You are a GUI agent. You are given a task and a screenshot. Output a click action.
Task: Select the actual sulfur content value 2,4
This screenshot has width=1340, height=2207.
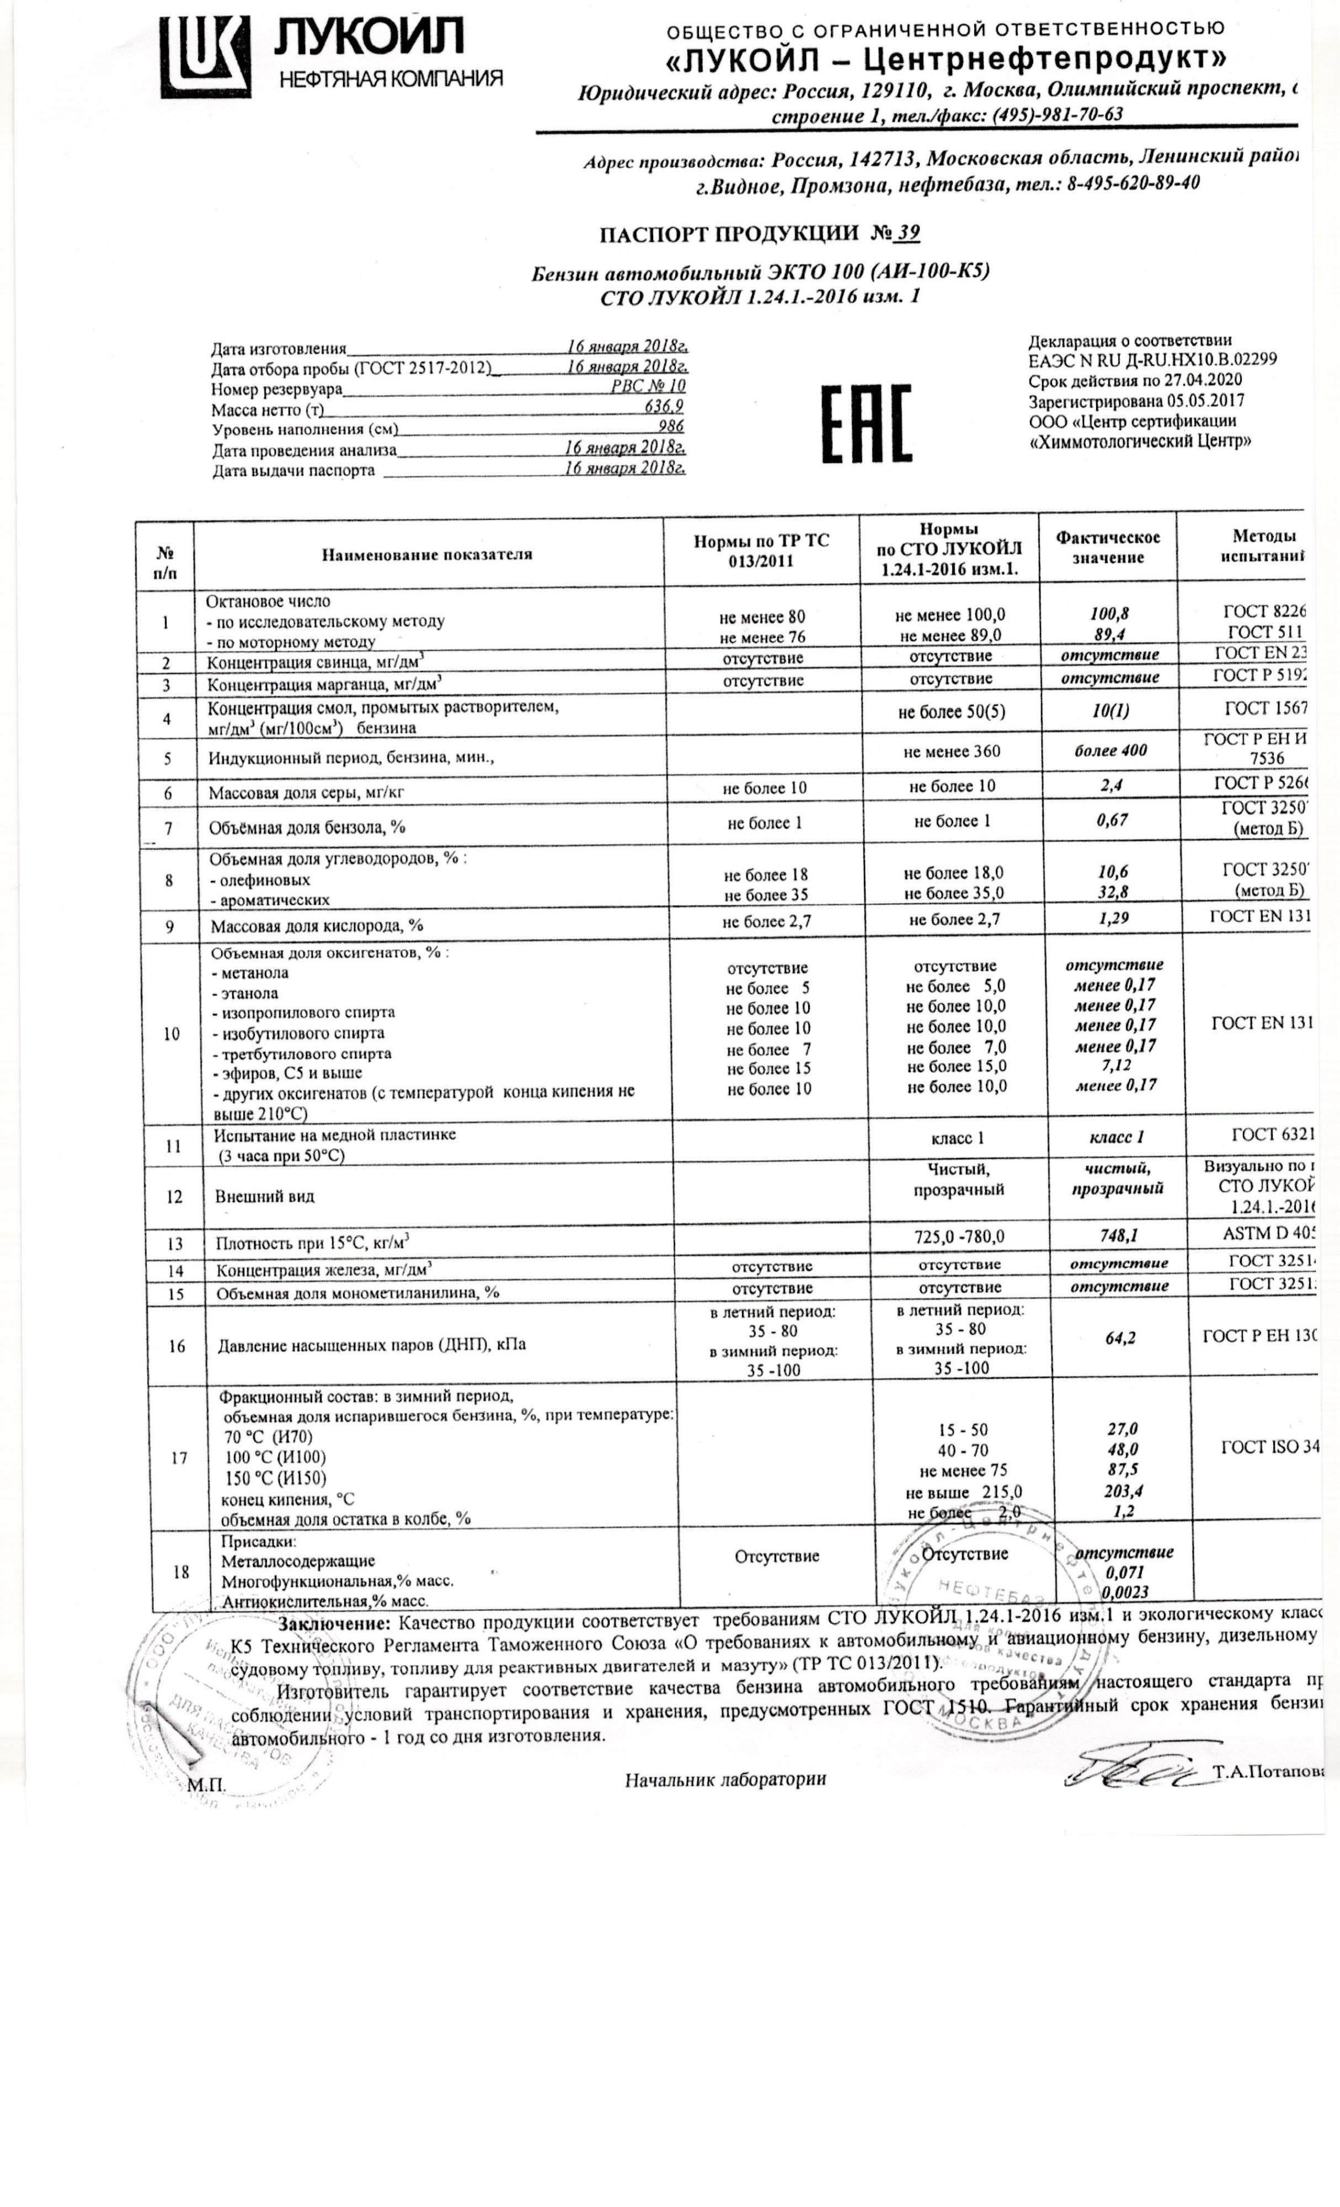(1110, 786)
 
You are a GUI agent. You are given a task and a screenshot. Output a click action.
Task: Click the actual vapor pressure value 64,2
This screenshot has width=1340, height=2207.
(1120, 1338)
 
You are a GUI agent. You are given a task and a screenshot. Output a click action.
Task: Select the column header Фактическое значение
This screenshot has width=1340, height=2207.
(1108, 547)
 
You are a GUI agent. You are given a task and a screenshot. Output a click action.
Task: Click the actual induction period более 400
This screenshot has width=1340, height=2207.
(1111, 750)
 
